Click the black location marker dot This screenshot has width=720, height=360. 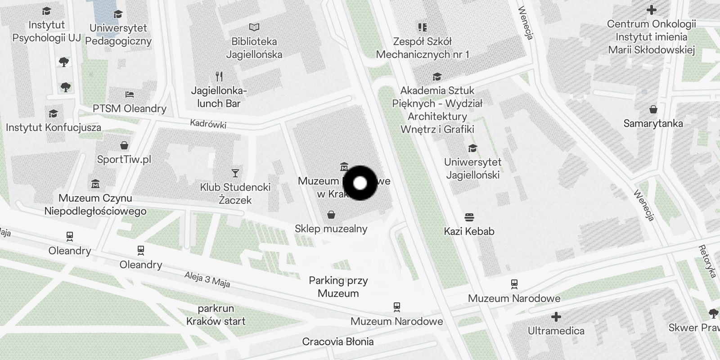[360, 183]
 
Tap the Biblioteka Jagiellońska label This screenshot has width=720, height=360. [254, 48]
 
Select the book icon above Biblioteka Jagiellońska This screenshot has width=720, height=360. [254, 28]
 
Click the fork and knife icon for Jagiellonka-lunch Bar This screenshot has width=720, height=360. [219, 76]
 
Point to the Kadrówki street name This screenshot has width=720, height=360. [208, 124]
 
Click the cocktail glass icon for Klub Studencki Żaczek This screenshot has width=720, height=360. [235, 173]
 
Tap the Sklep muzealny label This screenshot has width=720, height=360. [331, 229]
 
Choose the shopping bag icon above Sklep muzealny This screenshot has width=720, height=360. [331, 215]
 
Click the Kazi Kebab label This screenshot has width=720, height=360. [469, 231]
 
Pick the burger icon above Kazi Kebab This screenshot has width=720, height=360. [469, 218]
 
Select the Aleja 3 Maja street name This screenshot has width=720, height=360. [207, 279]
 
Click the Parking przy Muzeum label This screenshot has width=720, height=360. [338, 287]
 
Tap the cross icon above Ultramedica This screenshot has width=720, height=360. [556, 317]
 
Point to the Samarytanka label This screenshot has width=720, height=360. [653, 123]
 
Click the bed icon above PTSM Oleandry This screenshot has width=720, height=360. [130, 94]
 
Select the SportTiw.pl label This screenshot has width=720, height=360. [124, 159]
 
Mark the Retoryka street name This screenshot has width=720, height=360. [707, 261]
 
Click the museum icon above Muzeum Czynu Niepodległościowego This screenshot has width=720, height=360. [95, 184]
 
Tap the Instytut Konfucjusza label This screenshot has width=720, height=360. [54, 127]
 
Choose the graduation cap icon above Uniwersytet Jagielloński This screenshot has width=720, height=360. [472, 148]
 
